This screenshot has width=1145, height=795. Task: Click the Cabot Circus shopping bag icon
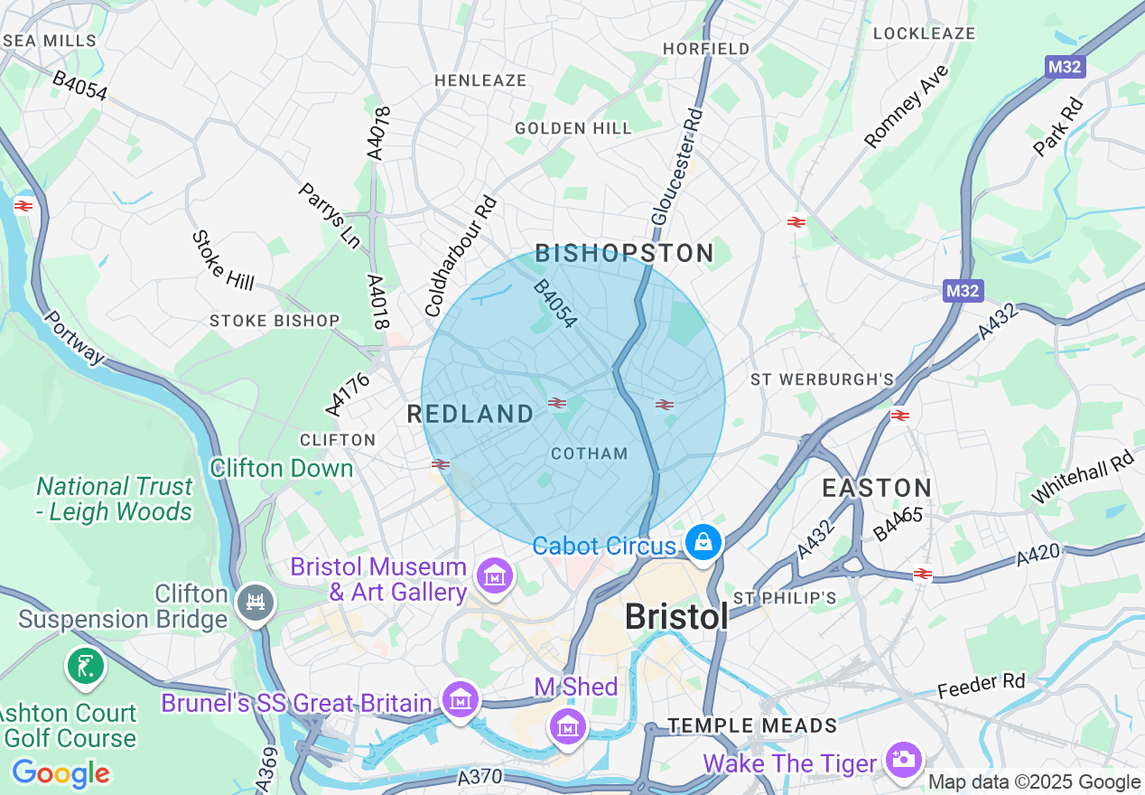point(703,542)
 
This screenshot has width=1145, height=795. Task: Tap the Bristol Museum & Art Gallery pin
point(495,575)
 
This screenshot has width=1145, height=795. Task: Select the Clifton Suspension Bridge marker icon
point(256,601)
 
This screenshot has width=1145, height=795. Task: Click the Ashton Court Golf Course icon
point(85,668)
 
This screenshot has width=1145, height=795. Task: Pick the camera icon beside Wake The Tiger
point(903,759)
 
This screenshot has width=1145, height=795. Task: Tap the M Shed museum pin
point(566,725)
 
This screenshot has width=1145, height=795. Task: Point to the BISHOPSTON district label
point(625,254)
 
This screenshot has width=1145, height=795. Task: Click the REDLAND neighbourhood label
point(470,415)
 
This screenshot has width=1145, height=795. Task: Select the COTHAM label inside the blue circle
point(589,454)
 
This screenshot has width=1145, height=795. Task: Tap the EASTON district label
point(876,489)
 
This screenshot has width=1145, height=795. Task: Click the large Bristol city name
point(676,617)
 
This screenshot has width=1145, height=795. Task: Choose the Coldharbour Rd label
point(461,256)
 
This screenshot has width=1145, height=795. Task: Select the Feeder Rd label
point(981,686)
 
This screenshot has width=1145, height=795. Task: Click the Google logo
point(61,773)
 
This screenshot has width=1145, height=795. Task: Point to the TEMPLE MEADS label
point(752,725)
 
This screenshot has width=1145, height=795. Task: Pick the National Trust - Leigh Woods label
point(115,500)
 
